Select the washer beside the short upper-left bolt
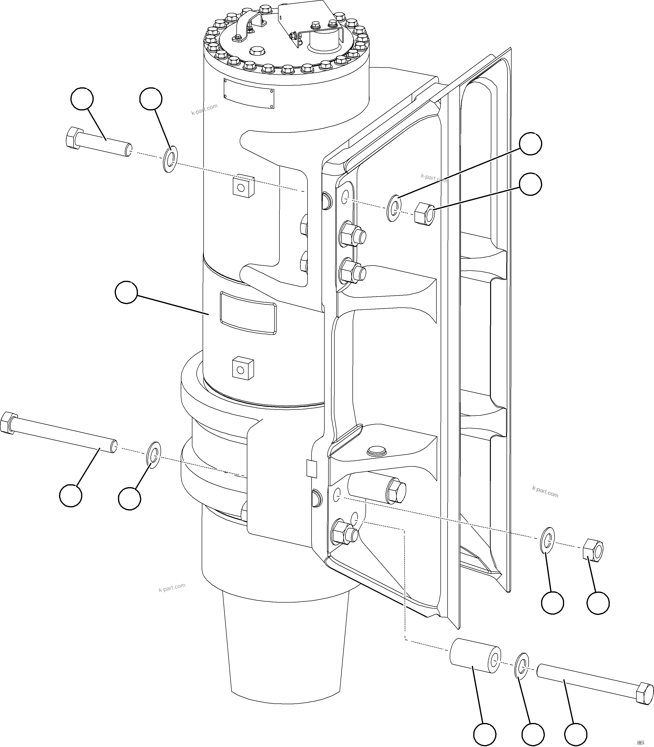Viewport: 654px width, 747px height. point(169,159)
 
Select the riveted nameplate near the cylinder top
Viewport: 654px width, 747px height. point(249,94)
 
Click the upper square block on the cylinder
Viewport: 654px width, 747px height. point(243,186)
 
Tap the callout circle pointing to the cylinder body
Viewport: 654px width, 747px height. point(126,292)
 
